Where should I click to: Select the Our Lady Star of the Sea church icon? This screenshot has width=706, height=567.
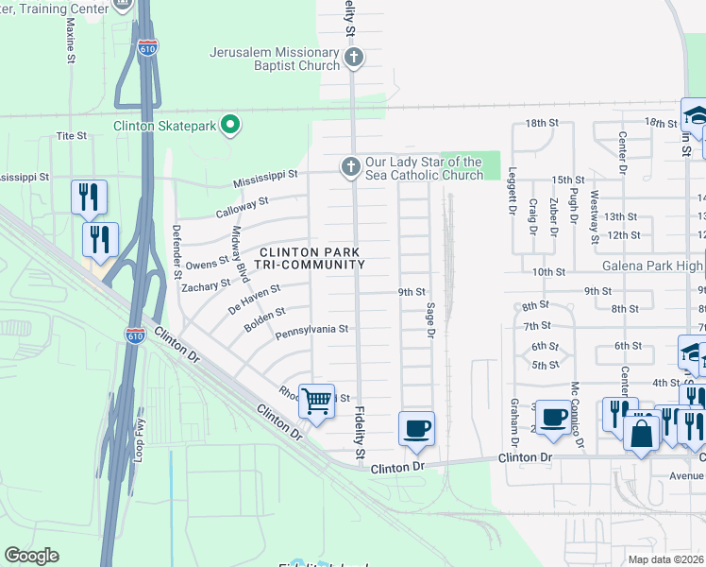[350, 168]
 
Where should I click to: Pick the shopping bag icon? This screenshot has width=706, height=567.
[642, 434]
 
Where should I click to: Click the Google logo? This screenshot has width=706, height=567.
[32, 556]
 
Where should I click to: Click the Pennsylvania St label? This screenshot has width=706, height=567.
[312, 331]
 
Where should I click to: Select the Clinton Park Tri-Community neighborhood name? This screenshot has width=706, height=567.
[311, 258]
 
